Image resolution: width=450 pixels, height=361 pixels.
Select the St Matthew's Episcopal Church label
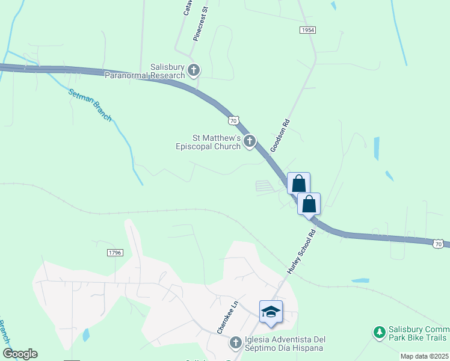[x=208, y=142]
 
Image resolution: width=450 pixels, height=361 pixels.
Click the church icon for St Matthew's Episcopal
[x=250, y=142]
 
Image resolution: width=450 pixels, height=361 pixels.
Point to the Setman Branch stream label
[x=90, y=105]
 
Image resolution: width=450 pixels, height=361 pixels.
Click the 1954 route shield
[x=307, y=29]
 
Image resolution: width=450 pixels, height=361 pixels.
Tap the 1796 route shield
[x=116, y=253]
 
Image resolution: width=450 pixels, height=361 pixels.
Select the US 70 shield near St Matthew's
[x=234, y=120]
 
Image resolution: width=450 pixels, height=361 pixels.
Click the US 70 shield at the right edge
[x=439, y=243]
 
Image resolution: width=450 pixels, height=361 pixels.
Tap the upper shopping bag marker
[x=298, y=184]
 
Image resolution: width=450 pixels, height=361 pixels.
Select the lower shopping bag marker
[x=309, y=204]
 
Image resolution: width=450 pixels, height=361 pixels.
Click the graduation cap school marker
[x=271, y=312]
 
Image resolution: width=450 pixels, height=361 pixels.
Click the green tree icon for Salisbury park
[x=379, y=332]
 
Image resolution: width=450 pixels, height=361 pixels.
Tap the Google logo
[x=20, y=354]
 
